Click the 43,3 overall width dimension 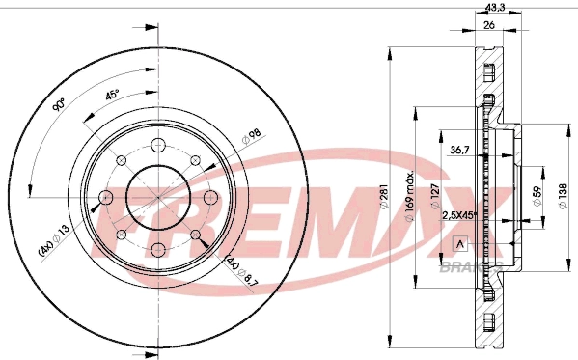[494, 8]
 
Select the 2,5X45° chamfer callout [460, 217]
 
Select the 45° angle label [111, 97]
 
